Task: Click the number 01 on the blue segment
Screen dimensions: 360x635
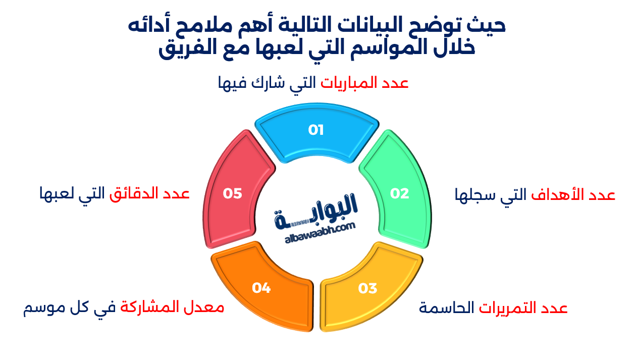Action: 315,130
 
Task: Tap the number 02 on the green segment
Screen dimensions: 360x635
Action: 399,193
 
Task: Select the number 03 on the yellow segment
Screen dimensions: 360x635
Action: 367,288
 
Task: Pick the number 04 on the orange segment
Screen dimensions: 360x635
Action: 261,288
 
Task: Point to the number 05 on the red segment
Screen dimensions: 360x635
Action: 233,193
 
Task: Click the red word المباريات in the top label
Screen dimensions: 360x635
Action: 350,83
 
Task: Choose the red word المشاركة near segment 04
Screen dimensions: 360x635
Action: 149,307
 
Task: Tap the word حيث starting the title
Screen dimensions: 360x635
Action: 489,25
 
